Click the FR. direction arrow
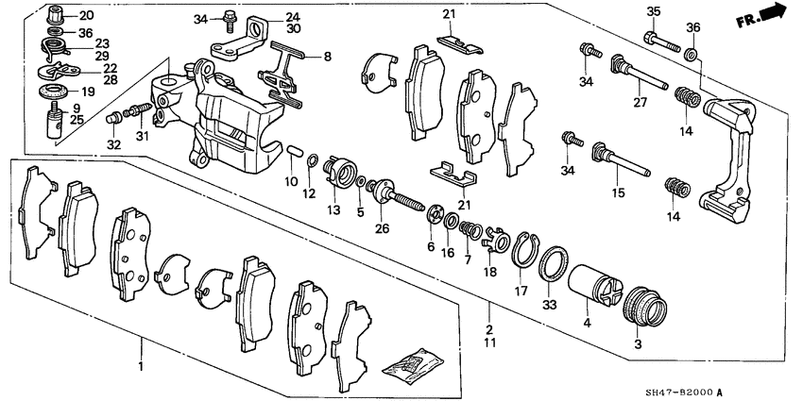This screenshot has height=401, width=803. [x=773, y=12]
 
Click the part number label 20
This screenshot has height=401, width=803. [x=86, y=16]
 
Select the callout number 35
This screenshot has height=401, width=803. [x=652, y=12]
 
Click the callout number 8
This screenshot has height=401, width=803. [x=328, y=57]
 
